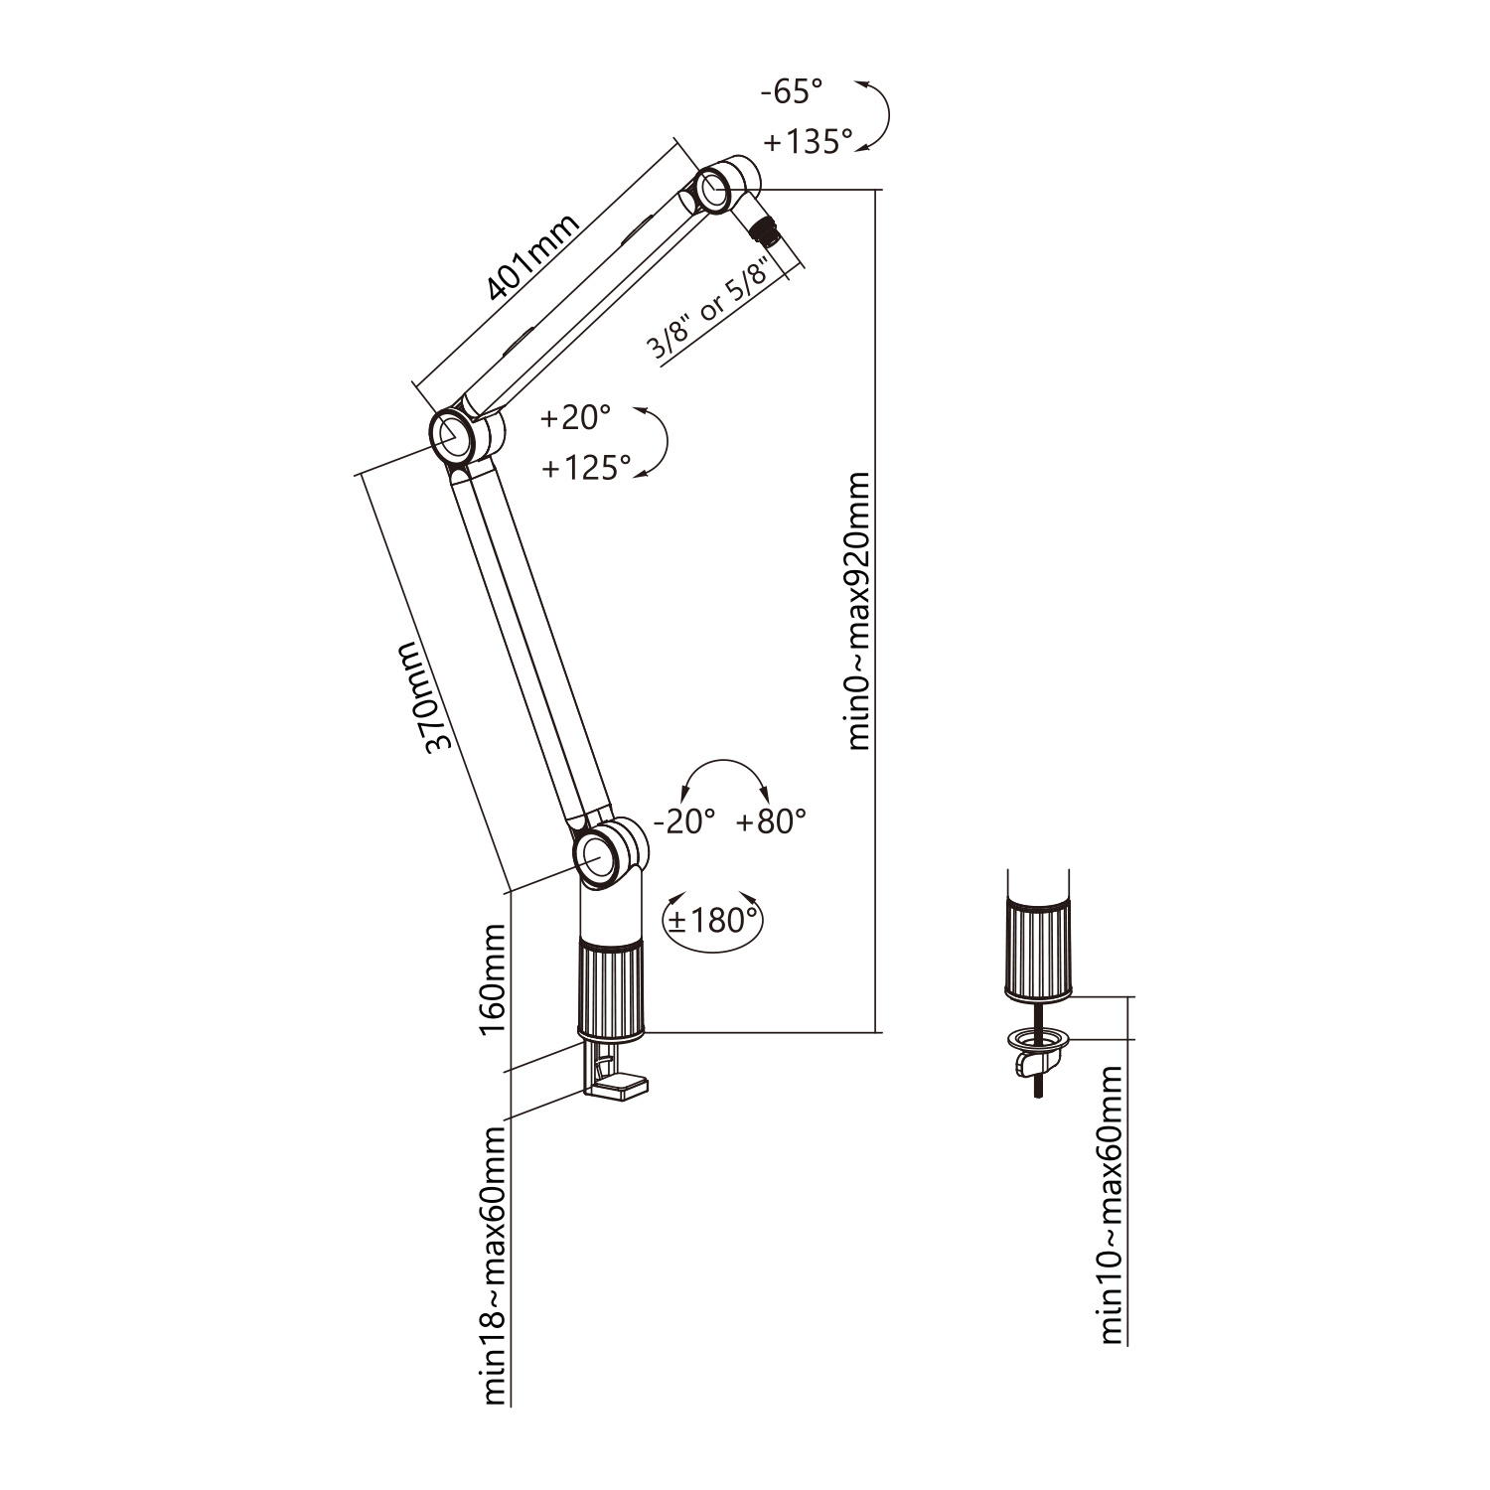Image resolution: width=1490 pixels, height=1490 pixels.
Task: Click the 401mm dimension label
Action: point(532,257)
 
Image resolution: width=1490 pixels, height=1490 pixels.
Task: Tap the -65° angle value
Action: point(792,92)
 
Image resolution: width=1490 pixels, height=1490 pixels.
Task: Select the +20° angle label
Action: point(575,417)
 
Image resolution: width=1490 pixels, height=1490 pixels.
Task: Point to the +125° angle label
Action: point(587,467)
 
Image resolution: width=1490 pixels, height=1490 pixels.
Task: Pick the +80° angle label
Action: point(772,821)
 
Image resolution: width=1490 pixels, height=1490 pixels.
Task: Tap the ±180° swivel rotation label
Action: point(712,920)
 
